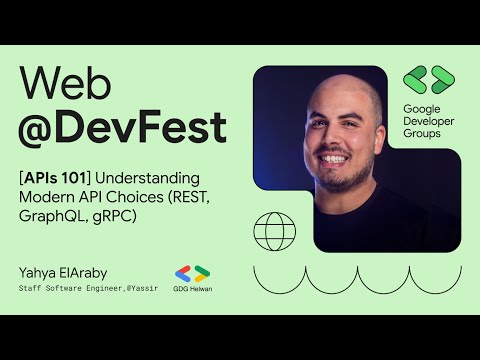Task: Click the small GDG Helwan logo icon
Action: point(192,272)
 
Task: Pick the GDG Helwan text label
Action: point(192,288)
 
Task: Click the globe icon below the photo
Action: point(274,231)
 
